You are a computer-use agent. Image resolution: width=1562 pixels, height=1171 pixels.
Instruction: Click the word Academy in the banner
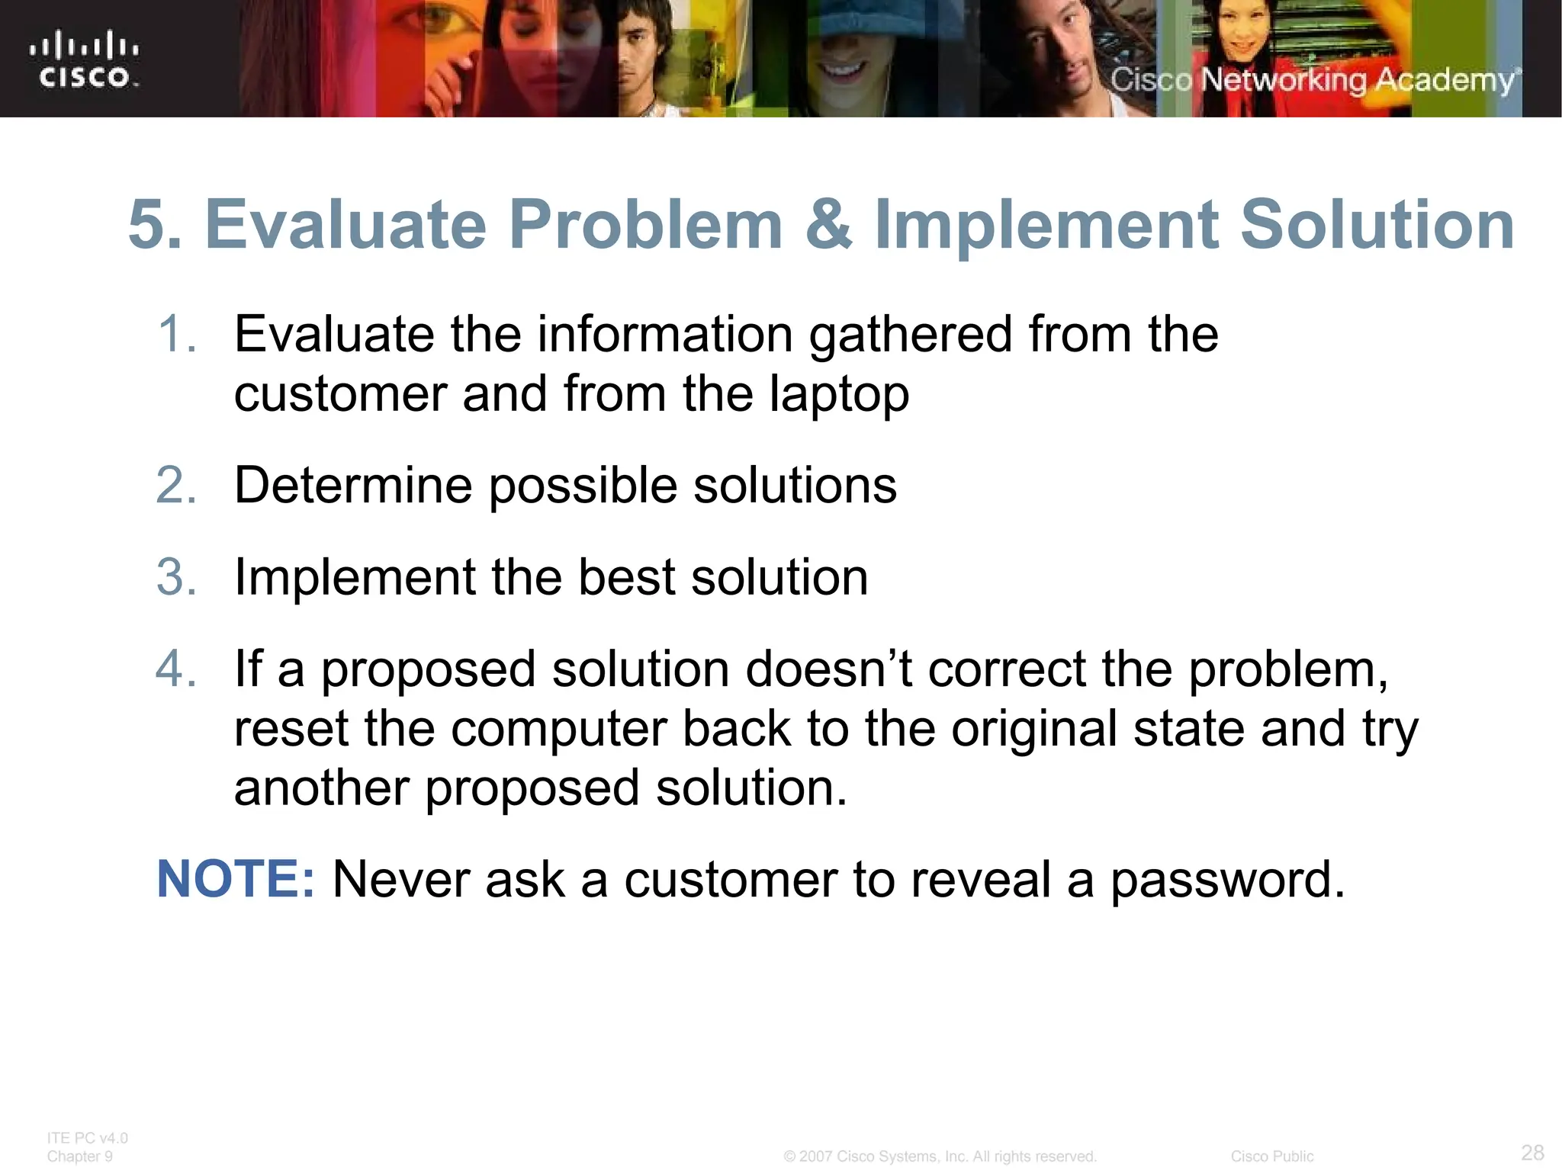point(1445,80)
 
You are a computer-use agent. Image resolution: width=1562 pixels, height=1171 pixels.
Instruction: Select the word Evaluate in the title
point(346,224)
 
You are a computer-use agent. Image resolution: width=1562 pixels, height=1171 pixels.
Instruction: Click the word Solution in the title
point(1377,224)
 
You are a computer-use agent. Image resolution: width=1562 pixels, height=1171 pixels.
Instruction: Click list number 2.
point(177,485)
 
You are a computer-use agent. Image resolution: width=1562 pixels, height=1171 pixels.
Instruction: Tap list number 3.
point(177,576)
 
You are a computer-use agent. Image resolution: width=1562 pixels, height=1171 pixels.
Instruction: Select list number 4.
point(177,669)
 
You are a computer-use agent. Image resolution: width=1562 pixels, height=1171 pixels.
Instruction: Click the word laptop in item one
point(838,395)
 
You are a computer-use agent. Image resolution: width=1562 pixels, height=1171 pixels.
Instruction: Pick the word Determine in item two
point(353,485)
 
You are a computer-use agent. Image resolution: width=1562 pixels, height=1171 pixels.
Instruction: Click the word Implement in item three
point(355,576)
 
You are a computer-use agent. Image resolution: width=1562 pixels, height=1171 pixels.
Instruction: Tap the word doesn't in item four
point(828,669)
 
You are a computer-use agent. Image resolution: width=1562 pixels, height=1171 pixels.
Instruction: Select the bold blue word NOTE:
point(235,879)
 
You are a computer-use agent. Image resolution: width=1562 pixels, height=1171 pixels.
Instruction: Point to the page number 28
point(1532,1152)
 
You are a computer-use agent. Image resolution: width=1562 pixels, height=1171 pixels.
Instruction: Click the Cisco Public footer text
point(1271,1157)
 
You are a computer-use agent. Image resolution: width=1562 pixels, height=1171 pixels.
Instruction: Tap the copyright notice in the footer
point(940,1157)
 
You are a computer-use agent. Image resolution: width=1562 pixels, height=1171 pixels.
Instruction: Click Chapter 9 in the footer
point(79,1157)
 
